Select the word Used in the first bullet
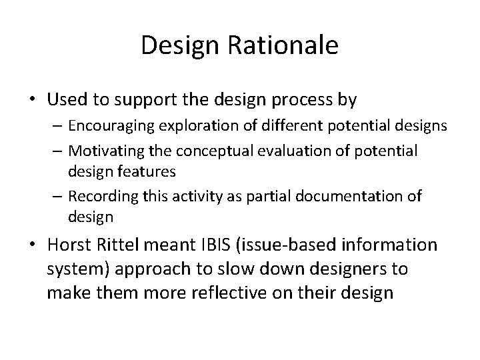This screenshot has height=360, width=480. [x=67, y=100]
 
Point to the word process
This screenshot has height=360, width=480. [x=302, y=101]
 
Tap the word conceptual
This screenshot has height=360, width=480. [x=213, y=151]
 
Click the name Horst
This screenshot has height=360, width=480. [x=69, y=246]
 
